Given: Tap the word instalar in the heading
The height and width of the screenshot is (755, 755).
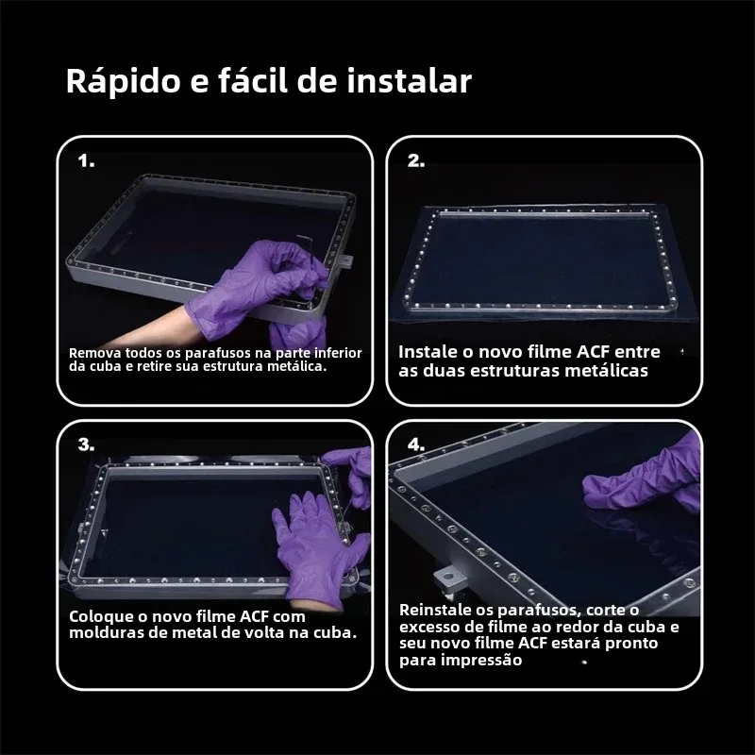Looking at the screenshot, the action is pyautogui.click(x=410, y=80).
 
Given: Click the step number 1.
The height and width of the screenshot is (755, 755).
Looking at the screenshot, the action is pyautogui.click(x=86, y=160).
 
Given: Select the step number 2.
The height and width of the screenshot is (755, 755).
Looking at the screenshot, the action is pyautogui.click(x=416, y=160).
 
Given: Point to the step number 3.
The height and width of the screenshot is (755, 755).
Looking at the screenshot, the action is pyautogui.click(x=86, y=445).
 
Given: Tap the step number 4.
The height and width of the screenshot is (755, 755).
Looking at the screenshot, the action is pyautogui.click(x=416, y=445).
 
